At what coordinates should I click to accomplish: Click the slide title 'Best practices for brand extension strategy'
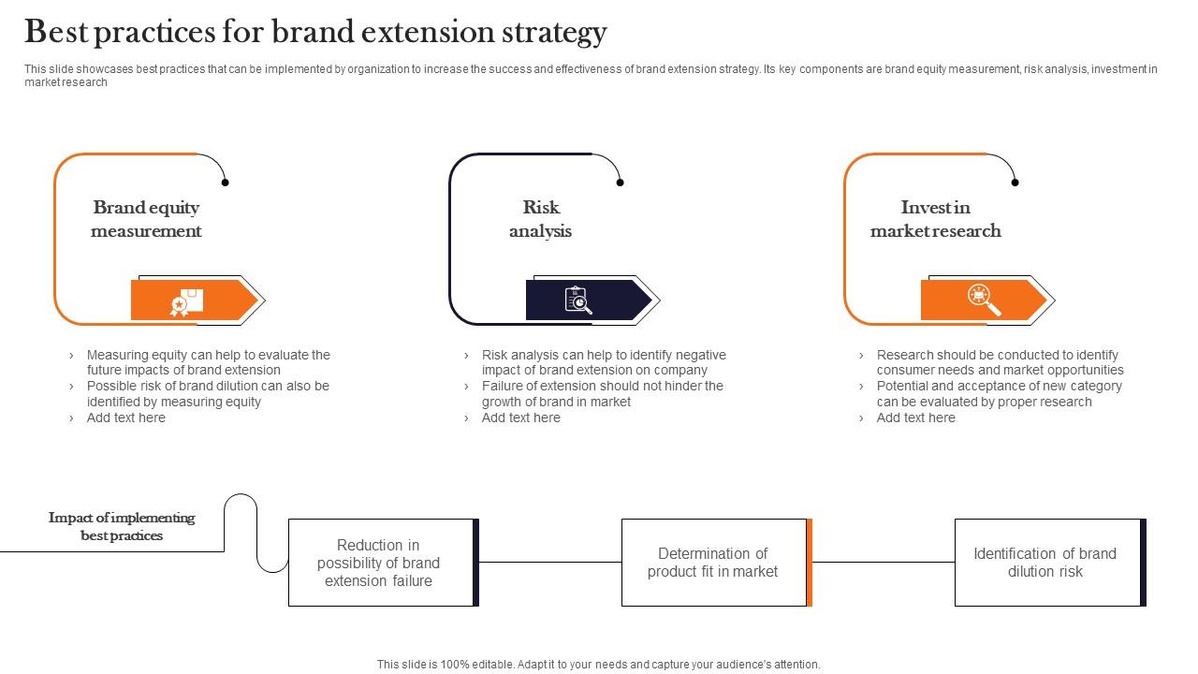[x=315, y=33]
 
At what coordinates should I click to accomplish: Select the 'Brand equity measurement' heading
[x=146, y=219]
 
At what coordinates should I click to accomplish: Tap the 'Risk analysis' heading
[x=540, y=219]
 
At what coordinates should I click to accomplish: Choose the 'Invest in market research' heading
[x=935, y=219]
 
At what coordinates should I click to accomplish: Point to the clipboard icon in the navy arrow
[x=578, y=300]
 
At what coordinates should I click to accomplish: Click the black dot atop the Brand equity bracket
[x=225, y=183]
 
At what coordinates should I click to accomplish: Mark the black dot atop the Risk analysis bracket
[x=620, y=183]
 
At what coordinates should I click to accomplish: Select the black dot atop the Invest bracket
[x=1015, y=183]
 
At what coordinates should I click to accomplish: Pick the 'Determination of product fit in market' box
[x=712, y=563]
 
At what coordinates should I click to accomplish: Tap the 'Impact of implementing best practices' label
[x=122, y=526]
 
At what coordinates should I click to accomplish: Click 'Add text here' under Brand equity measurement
[x=125, y=418]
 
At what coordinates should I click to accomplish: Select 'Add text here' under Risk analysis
[x=520, y=418]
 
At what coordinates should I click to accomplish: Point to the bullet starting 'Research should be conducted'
[x=999, y=362]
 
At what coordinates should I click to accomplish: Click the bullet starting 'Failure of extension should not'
[x=602, y=393]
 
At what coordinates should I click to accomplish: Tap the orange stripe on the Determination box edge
[x=810, y=563]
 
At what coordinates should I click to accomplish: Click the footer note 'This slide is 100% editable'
[x=598, y=665]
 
